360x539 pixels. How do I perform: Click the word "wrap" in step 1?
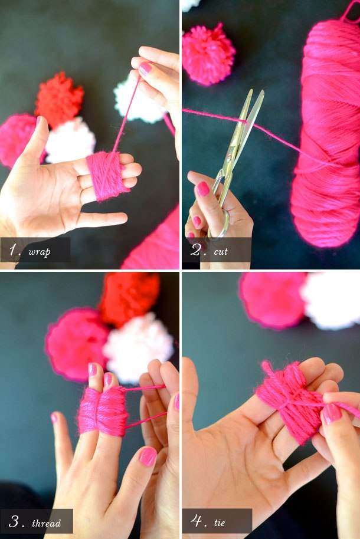point(39,252)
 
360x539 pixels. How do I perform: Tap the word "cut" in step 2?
point(221,251)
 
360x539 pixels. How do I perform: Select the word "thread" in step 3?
point(46,523)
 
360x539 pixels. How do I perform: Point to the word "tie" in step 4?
point(219,522)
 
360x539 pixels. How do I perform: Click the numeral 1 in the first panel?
point(13,250)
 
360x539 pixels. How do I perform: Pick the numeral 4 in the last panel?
point(197,521)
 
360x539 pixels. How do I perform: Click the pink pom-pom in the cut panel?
point(208,54)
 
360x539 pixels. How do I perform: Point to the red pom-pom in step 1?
point(59,98)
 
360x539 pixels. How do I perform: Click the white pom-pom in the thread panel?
point(138,347)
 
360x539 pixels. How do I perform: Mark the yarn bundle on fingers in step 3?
point(102,411)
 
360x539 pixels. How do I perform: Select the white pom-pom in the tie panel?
point(330,300)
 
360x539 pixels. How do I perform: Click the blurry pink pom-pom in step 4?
point(273,300)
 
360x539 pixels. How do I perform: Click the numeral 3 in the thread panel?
point(14,521)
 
